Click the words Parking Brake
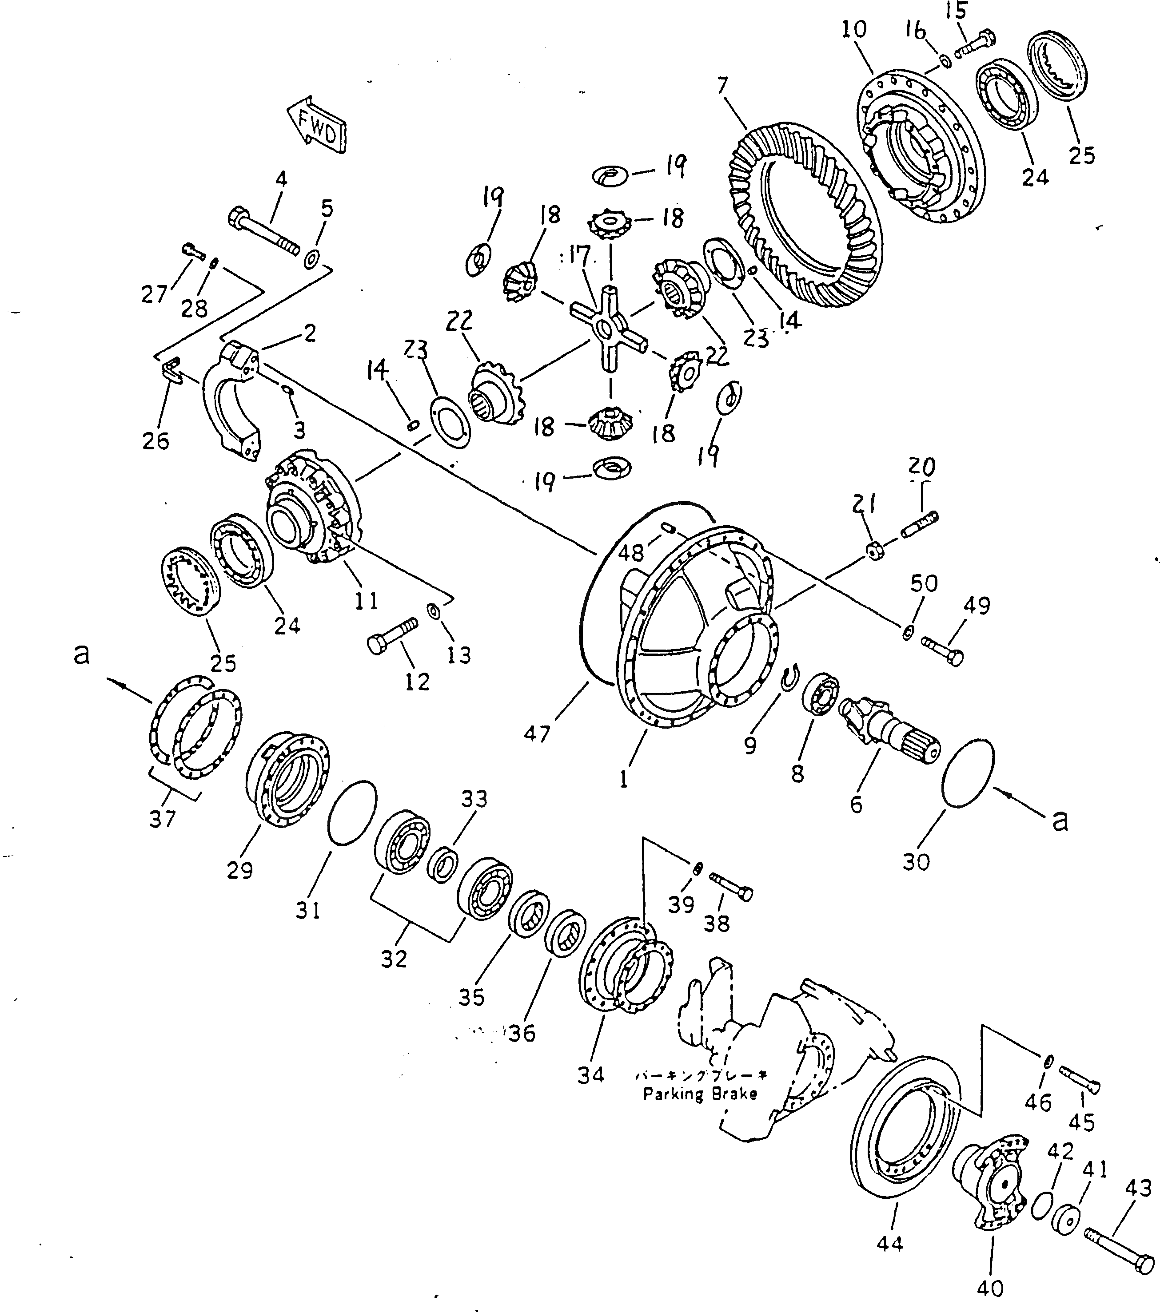tap(700, 1094)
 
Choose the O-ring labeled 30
tap(969, 773)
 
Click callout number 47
tap(537, 733)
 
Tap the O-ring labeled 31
tap(351, 813)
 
